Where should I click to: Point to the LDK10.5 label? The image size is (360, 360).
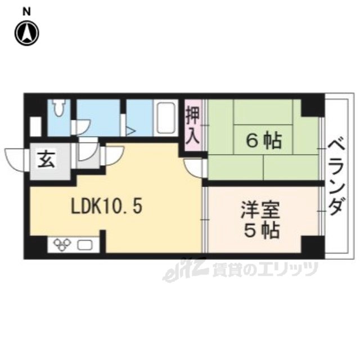point(106,206)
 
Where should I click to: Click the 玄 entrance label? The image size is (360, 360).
point(45,160)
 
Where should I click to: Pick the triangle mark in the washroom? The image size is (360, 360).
point(130,131)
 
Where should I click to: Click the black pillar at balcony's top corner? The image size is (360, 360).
point(311,105)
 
